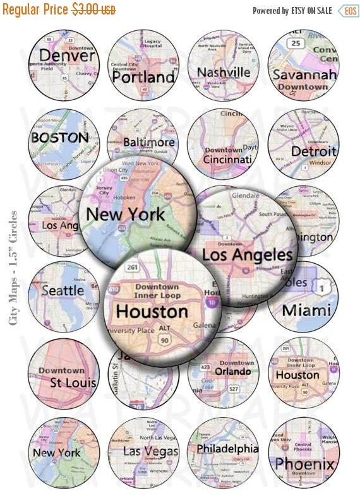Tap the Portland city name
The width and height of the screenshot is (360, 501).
tap(143, 77)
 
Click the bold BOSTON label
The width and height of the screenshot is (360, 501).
tap(59, 137)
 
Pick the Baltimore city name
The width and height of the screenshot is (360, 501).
tap(148, 142)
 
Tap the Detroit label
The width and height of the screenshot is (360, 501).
tap(313, 151)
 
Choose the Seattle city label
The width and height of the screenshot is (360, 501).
tap(62, 291)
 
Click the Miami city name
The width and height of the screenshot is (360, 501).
tap(306, 310)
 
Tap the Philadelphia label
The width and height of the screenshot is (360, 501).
tap(227, 449)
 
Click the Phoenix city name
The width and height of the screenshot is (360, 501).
tap(304, 464)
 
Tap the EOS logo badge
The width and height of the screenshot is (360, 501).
tap(348, 11)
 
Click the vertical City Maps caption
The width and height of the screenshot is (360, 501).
tap(13, 268)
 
